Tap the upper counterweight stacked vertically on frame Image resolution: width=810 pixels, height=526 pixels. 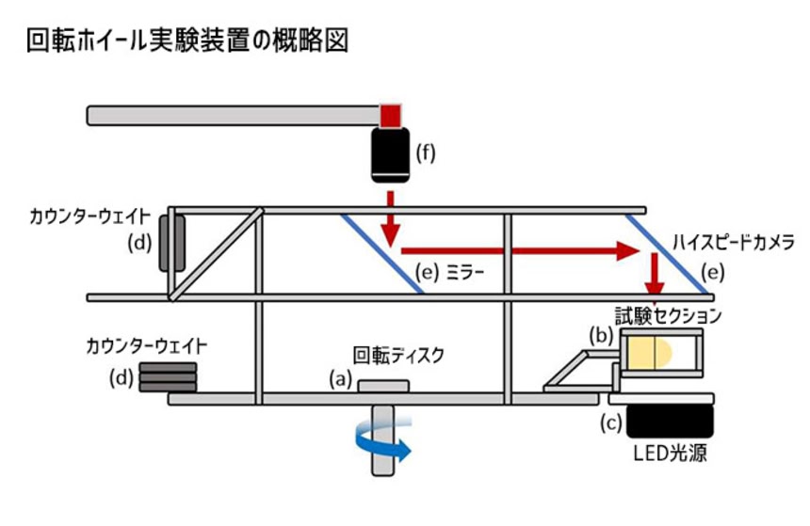tap(171, 243)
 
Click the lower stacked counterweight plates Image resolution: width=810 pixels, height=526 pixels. tap(168, 378)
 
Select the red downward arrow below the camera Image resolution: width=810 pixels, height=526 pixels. tap(390, 219)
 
